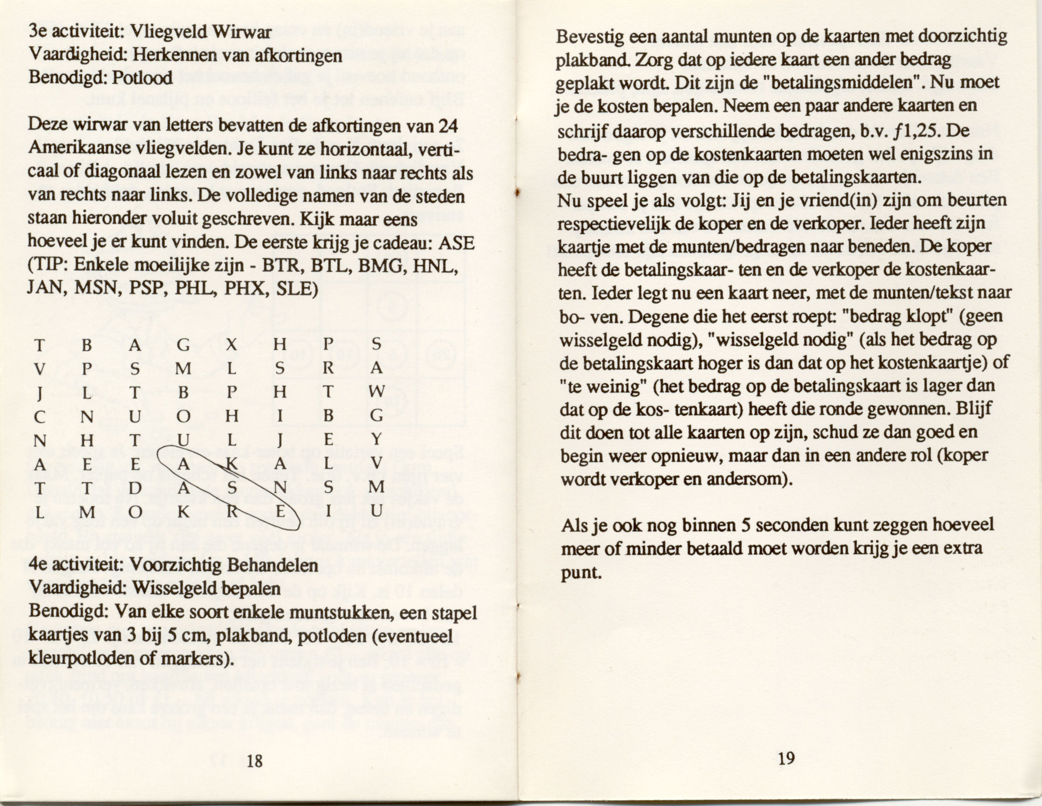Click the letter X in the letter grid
tap(232, 345)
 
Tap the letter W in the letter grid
tap(376, 392)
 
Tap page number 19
tap(786, 758)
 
